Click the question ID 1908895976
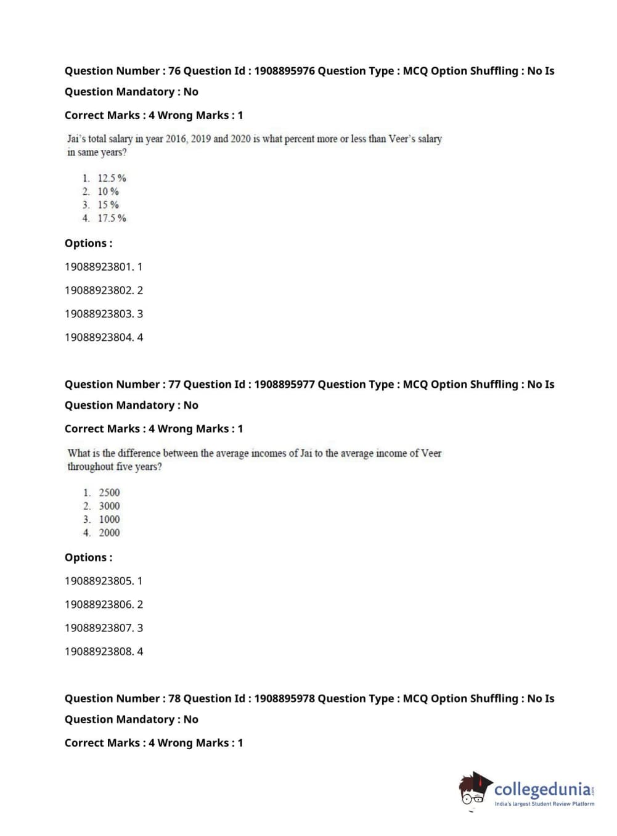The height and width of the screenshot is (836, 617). tap(284, 71)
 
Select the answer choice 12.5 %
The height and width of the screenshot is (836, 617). tap(112, 178)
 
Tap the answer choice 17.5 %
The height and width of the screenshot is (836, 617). tap(112, 218)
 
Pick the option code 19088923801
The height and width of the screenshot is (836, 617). tap(98, 267)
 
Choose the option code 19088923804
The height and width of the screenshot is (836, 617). tap(98, 337)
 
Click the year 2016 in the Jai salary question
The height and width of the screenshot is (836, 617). tap(176, 139)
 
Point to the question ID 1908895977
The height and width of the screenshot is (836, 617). tap(284, 385)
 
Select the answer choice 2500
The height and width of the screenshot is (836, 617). tap(109, 493)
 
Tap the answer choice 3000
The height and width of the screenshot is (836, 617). tap(109, 506)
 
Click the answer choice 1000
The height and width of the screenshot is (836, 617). tap(109, 520)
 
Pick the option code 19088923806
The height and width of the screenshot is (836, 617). tap(98, 605)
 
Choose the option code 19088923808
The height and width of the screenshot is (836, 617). tap(98, 652)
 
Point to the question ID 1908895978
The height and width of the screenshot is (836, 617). tap(284, 699)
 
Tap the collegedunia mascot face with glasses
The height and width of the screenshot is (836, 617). tap(473, 791)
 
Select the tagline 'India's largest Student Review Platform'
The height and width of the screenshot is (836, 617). tap(544, 804)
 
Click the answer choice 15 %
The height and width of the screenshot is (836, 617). tap(108, 205)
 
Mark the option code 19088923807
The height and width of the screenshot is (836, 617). tap(98, 628)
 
